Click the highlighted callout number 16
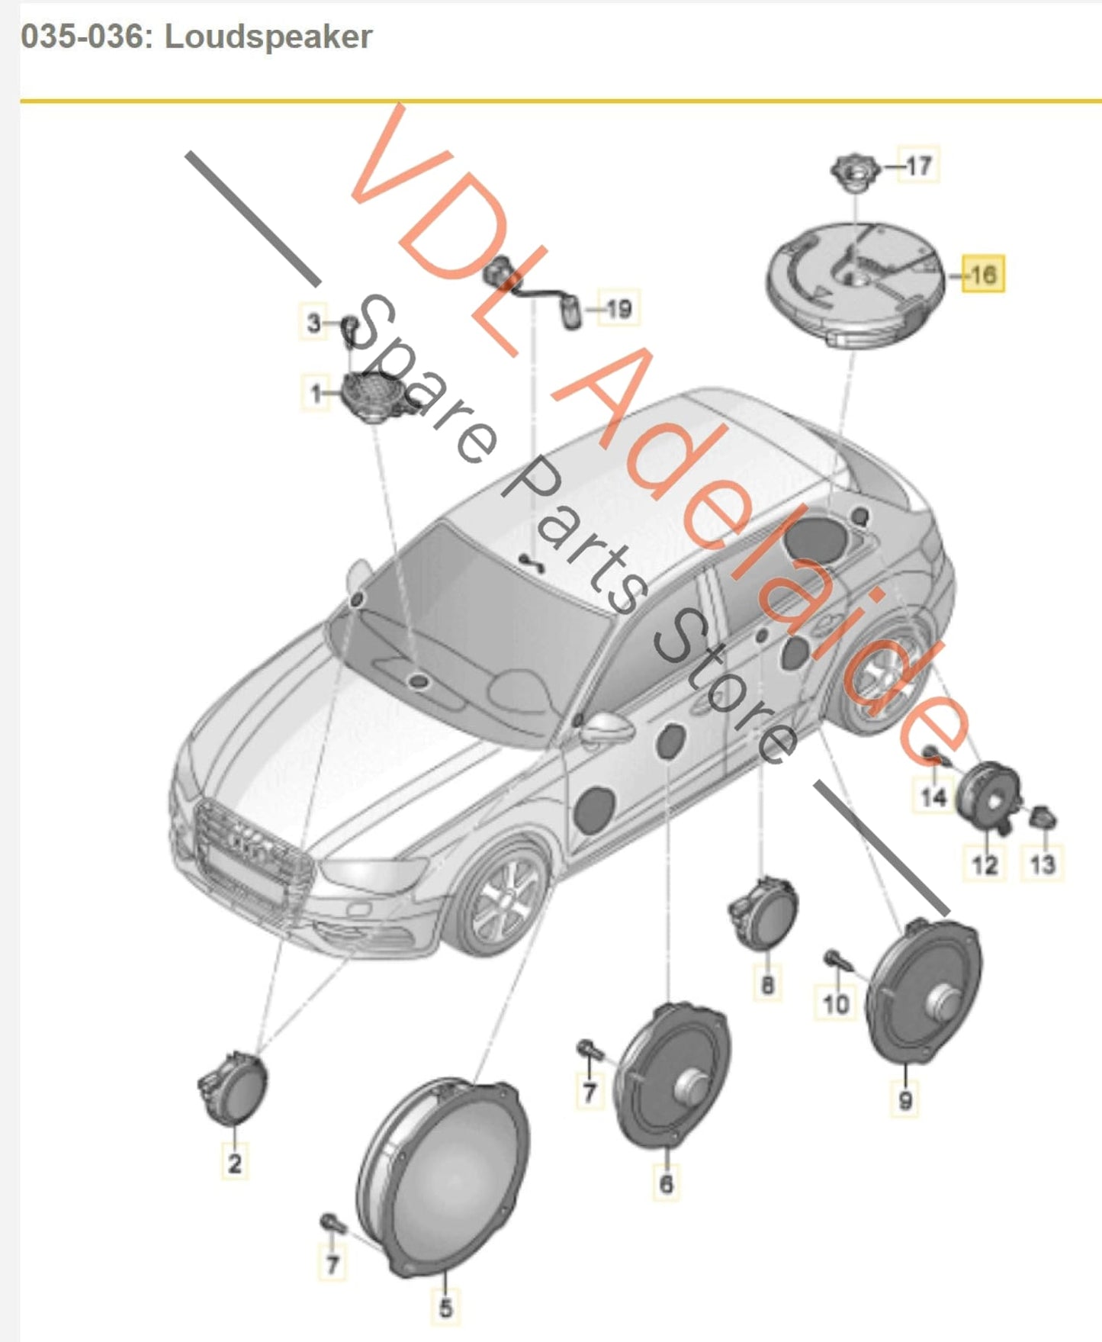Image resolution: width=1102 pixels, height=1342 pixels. (982, 274)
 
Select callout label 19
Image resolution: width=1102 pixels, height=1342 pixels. (618, 308)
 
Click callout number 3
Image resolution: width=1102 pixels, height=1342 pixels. (313, 323)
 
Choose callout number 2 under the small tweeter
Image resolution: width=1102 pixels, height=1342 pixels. (234, 1162)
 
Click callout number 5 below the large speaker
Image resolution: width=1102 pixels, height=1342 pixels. (445, 1306)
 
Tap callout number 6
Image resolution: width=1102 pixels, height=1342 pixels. (666, 1183)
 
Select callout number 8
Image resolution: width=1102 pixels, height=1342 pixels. (767, 984)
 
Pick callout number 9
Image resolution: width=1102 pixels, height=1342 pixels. (905, 1099)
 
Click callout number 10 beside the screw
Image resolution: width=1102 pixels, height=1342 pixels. (836, 1002)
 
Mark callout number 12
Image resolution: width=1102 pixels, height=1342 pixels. (984, 864)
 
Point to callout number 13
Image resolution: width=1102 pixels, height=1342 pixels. (1043, 864)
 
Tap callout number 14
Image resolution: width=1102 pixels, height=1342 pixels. (933, 797)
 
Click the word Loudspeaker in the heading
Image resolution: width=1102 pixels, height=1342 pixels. (268, 37)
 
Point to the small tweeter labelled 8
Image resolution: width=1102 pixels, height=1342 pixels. (765, 912)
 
